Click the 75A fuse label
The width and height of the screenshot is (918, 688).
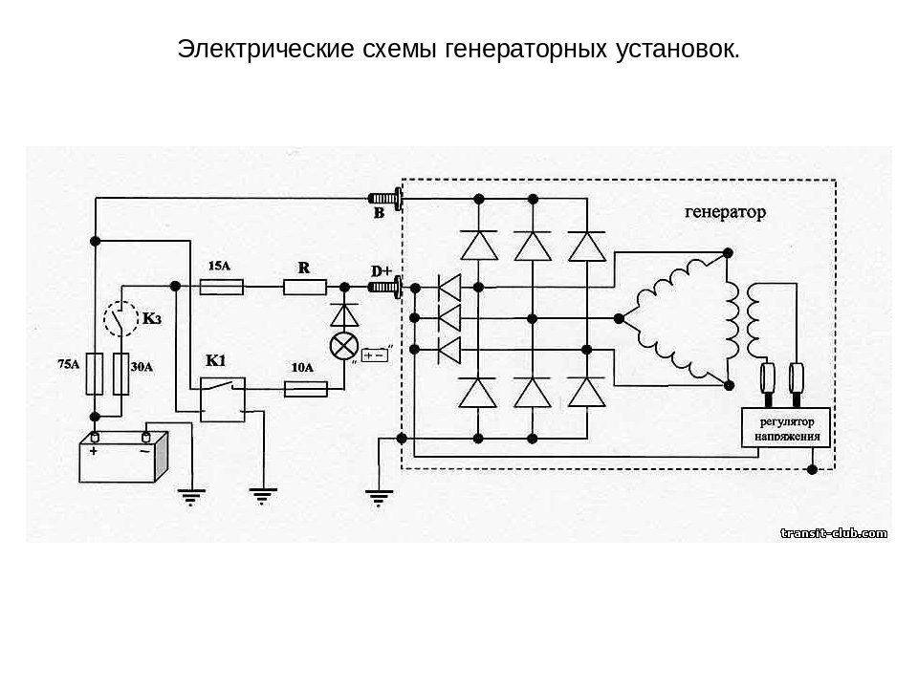(68, 364)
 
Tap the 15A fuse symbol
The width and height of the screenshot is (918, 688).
(221, 286)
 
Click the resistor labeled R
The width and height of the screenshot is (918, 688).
(304, 286)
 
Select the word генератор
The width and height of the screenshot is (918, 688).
(725, 212)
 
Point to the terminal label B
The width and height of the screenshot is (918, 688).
(379, 214)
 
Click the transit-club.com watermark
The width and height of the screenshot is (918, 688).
(834, 532)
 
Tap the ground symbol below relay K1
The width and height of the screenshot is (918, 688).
(262, 494)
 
